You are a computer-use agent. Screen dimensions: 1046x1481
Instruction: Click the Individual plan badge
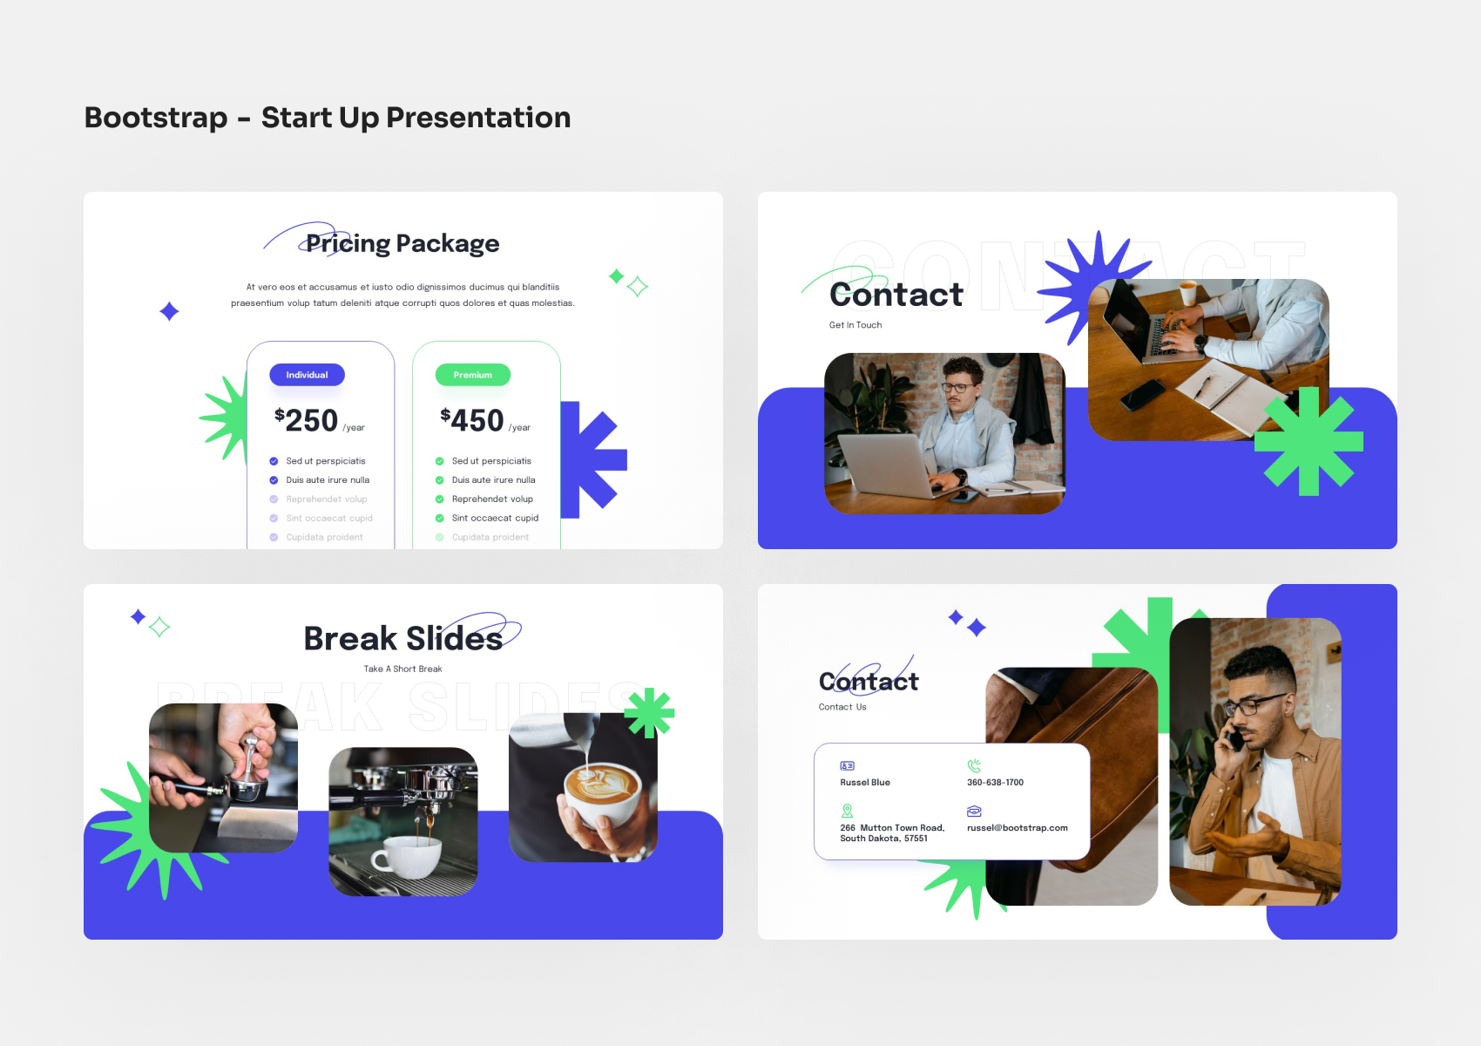pyautogui.click(x=307, y=375)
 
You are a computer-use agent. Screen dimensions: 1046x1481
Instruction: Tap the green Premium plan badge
pyautogui.click(x=472, y=375)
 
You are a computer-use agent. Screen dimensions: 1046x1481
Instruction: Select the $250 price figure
pyautogui.click(x=307, y=420)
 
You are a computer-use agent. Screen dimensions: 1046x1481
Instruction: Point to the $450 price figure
pyautogui.click(x=472, y=420)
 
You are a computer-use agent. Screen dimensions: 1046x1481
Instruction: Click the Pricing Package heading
pyautogui.click(x=402, y=243)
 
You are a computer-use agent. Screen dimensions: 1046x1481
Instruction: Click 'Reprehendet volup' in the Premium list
pyautogui.click(x=492, y=499)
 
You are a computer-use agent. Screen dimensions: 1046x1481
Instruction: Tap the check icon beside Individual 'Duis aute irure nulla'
pyautogui.click(x=274, y=480)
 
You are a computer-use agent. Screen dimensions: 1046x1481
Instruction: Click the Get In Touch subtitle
pyautogui.click(x=855, y=325)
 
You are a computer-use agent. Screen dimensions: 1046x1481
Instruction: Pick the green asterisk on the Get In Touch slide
pyautogui.click(x=1309, y=442)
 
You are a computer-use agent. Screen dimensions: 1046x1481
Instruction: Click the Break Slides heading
pyautogui.click(x=403, y=639)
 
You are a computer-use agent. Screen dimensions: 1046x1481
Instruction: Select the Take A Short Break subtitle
pyautogui.click(x=402, y=669)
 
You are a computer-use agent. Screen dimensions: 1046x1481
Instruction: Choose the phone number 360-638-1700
pyautogui.click(x=995, y=783)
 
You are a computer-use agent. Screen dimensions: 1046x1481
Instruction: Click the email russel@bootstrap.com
pyautogui.click(x=1017, y=828)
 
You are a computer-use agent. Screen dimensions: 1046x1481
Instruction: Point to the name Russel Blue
pyautogui.click(x=865, y=783)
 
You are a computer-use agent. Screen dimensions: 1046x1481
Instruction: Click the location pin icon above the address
pyautogui.click(x=847, y=811)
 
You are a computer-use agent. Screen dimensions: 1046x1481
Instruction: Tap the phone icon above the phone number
pyautogui.click(x=974, y=766)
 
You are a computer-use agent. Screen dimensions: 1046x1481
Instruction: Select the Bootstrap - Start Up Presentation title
pyautogui.click(x=328, y=118)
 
